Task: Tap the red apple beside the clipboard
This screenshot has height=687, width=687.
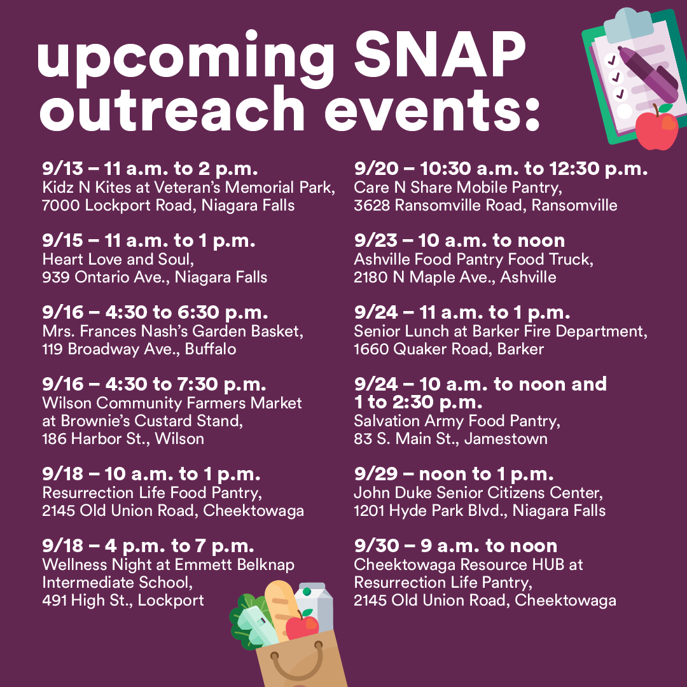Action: (x=657, y=128)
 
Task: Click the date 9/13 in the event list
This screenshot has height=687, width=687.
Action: (x=57, y=169)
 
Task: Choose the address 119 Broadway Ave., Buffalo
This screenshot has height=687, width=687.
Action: (x=139, y=349)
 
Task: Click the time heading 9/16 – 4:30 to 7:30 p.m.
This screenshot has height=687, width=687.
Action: (x=154, y=384)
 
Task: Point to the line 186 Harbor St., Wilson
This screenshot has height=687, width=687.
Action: (x=123, y=439)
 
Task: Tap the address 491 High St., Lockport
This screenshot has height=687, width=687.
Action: (x=123, y=600)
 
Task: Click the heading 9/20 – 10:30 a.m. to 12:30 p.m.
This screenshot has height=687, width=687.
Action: (x=501, y=169)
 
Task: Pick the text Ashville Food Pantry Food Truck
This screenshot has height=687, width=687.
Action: (x=474, y=260)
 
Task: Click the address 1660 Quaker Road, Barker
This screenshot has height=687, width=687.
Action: (x=448, y=349)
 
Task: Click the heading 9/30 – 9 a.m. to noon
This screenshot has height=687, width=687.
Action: (x=455, y=546)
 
